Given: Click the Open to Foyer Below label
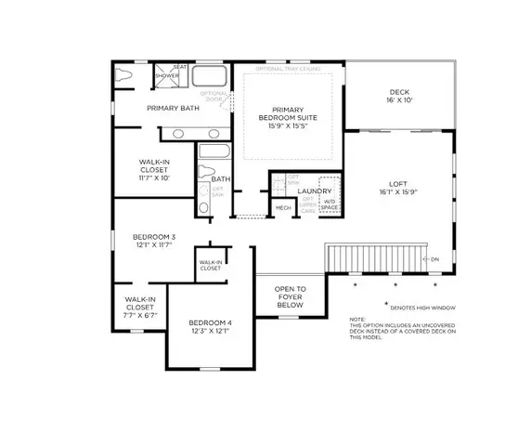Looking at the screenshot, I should click(290, 296).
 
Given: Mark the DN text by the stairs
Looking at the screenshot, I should click(434, 259).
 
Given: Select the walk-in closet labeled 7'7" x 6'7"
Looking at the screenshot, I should click(135, 309).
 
